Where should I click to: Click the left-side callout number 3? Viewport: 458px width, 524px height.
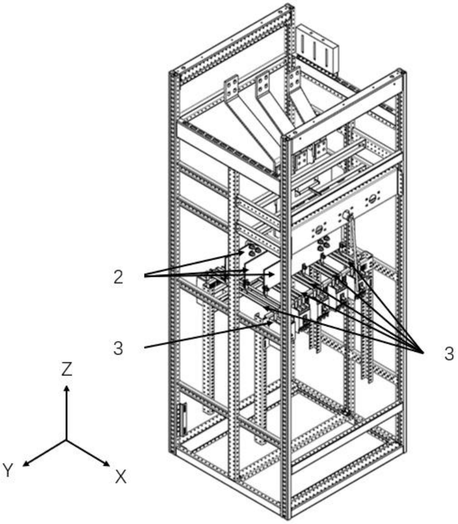tap(118, 348)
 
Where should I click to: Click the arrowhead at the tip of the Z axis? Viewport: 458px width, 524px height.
tap(67, 389)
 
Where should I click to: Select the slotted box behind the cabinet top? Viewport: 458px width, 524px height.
tap(317, 51)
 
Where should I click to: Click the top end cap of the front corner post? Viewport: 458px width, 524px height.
tap(287, 138)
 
